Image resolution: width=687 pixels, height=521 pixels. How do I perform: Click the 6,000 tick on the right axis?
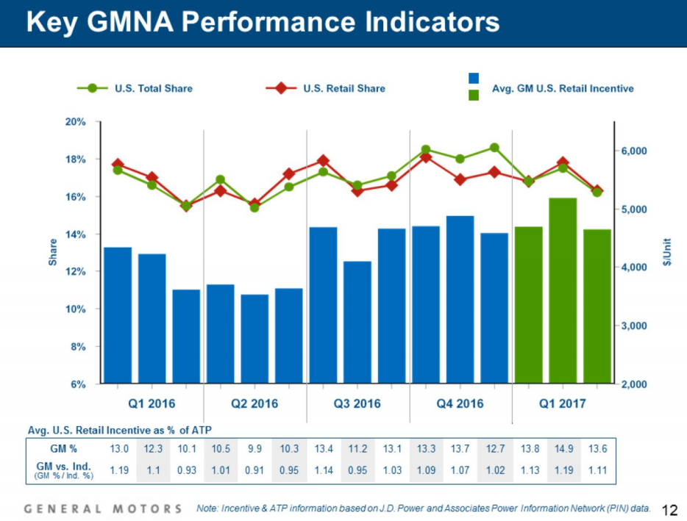pyautogui.click(x=631, y=151)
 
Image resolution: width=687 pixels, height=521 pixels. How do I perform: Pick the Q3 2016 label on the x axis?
pyautogui.click(x=357, y=403)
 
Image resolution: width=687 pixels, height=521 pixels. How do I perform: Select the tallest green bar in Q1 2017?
pyautogui.click(x=563, y=290)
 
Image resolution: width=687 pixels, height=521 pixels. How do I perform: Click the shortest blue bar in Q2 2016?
pyautogui.click(x=254, y=339)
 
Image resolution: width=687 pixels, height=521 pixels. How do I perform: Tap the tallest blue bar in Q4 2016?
pyautogui.click(x=460, y=299)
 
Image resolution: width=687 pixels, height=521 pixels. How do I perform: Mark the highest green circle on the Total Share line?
pyautogui.click(x=494, y=148)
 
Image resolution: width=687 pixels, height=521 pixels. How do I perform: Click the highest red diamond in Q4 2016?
pyautogui.click(x=426, y=157)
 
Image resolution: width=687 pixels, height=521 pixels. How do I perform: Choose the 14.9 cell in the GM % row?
pyautogui.click(x=563, y=448)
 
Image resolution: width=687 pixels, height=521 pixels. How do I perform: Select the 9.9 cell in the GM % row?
pyautogui.click(x=254, y=448)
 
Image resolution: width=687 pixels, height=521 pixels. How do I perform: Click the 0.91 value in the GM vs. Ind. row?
pyautogui.click(x=254, y=470)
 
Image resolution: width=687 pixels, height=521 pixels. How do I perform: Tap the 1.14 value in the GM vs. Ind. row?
pyautogui.click(x=323, y=470)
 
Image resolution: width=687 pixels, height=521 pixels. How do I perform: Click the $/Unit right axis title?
pyautogui.click(x=667, y=251)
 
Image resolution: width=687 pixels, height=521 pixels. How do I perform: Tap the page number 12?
pyautogui.click(x=669, y=509)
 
